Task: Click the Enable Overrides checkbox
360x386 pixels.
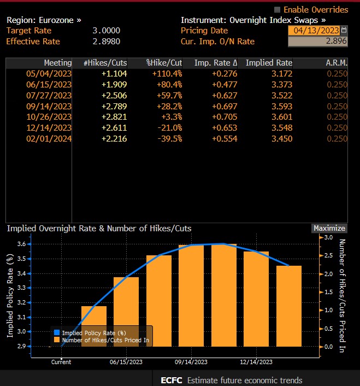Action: coord(277,9)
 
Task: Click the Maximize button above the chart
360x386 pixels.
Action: coord(329,228)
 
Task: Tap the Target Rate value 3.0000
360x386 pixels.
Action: coord(107,31)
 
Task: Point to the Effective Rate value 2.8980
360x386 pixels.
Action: coord(107,41)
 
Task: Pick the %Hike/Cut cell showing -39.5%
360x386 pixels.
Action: coord(169,138)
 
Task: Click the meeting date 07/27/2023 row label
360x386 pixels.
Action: coord(49,95)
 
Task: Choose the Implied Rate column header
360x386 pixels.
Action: coord(269,63)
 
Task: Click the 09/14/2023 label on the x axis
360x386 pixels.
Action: coord(191,362)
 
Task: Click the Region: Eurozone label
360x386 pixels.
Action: coord(43,20)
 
